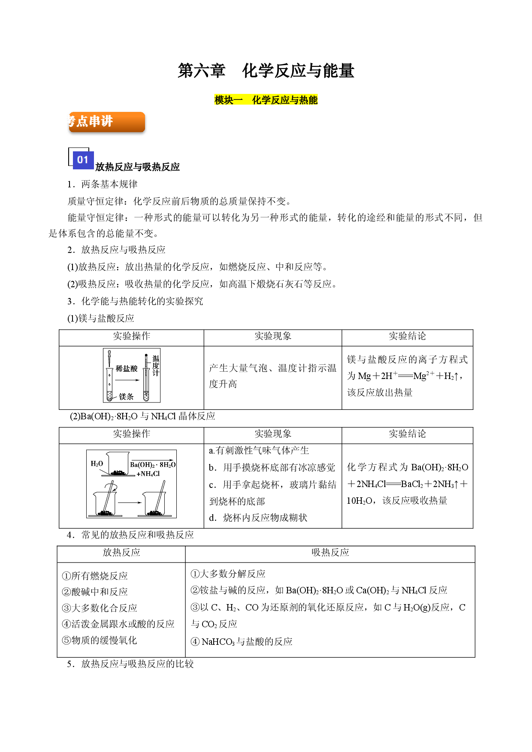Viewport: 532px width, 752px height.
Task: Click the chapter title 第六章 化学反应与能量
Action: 266,71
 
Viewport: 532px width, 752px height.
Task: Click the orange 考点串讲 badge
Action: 107,122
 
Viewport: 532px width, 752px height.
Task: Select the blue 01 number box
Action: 83,160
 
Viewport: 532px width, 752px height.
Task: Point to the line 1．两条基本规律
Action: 102,184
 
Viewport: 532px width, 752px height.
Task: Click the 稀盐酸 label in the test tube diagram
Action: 127,368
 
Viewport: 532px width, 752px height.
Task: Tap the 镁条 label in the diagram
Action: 126,397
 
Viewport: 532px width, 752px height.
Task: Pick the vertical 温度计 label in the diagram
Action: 156,366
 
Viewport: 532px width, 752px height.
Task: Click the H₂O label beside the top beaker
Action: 97,463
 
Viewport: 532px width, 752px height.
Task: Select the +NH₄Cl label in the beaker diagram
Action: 148,474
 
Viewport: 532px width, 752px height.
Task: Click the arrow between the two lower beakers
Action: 130,502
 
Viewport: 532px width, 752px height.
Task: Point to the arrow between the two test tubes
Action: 127,380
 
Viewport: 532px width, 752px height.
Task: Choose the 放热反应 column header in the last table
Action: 121,552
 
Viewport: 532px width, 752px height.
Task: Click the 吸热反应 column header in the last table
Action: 330,552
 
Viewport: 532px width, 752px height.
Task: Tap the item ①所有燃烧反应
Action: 95,576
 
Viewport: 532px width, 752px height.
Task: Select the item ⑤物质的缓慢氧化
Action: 100,640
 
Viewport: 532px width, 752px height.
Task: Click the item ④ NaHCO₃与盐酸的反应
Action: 242,641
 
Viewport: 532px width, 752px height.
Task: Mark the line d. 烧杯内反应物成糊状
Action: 258,518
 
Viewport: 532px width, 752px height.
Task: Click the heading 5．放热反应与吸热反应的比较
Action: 130,664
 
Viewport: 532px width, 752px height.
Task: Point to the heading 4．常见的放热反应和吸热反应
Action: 130,535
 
